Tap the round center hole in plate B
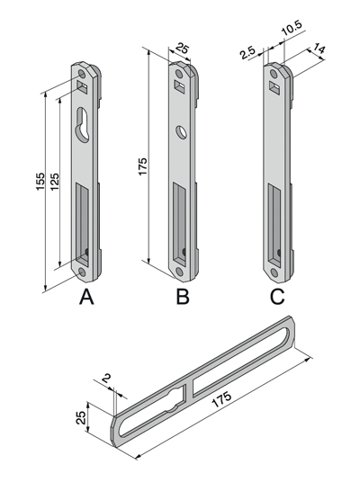coord(181,131)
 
